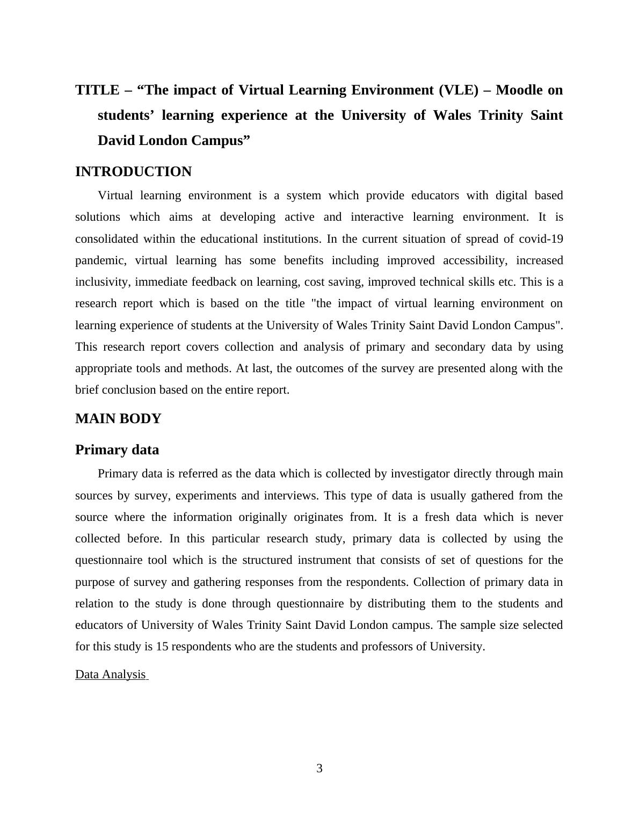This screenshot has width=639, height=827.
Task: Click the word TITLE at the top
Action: (x=97, y=90)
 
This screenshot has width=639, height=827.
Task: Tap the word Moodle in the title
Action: (x=519, y=90)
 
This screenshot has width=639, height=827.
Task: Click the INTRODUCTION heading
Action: (x=133, y=172)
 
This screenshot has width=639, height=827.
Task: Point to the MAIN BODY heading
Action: (x=118, y=419)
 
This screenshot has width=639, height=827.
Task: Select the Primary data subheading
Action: (x=117, y=450)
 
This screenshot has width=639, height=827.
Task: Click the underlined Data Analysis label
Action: (x=111, y=674)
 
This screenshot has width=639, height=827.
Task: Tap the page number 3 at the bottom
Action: (x=319, y=768)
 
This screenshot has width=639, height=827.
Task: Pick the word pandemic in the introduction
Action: (x=100, y=261)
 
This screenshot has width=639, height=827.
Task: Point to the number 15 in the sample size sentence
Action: (x=162, y=647)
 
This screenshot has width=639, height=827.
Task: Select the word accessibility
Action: (x=475, y=261)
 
